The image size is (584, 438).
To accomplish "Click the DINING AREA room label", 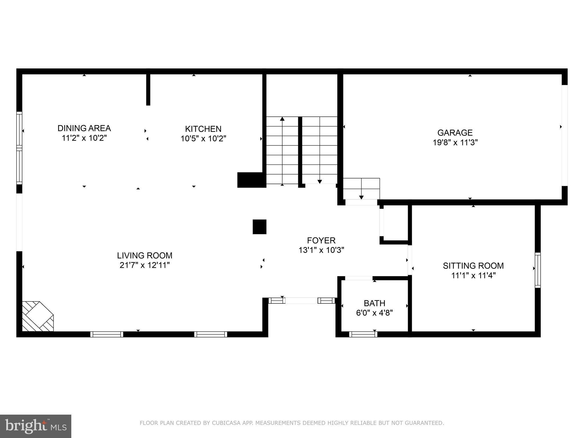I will coord(84,128).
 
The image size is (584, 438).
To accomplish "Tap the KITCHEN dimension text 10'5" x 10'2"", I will coord(203,139).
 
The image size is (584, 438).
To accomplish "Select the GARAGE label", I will coord(455,133).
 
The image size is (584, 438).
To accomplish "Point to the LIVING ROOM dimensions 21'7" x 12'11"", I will coord(145,265).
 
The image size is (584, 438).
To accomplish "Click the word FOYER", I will coord(321,240).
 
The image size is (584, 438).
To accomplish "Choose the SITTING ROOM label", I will coord(473,266).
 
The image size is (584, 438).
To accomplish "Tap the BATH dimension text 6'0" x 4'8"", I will coord(374,313).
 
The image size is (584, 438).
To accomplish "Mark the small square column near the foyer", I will coord(259,227).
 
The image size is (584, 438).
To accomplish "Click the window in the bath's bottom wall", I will coord(363,334).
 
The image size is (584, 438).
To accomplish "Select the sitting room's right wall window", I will coord(538,270).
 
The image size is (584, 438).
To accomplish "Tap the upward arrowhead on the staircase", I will coord(282,119).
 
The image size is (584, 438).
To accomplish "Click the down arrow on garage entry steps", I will coord(361,197).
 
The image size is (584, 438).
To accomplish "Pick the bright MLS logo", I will coord(36,426).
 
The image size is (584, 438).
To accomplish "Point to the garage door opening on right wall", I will coord(565,135).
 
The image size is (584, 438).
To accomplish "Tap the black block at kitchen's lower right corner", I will coord(250,180).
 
